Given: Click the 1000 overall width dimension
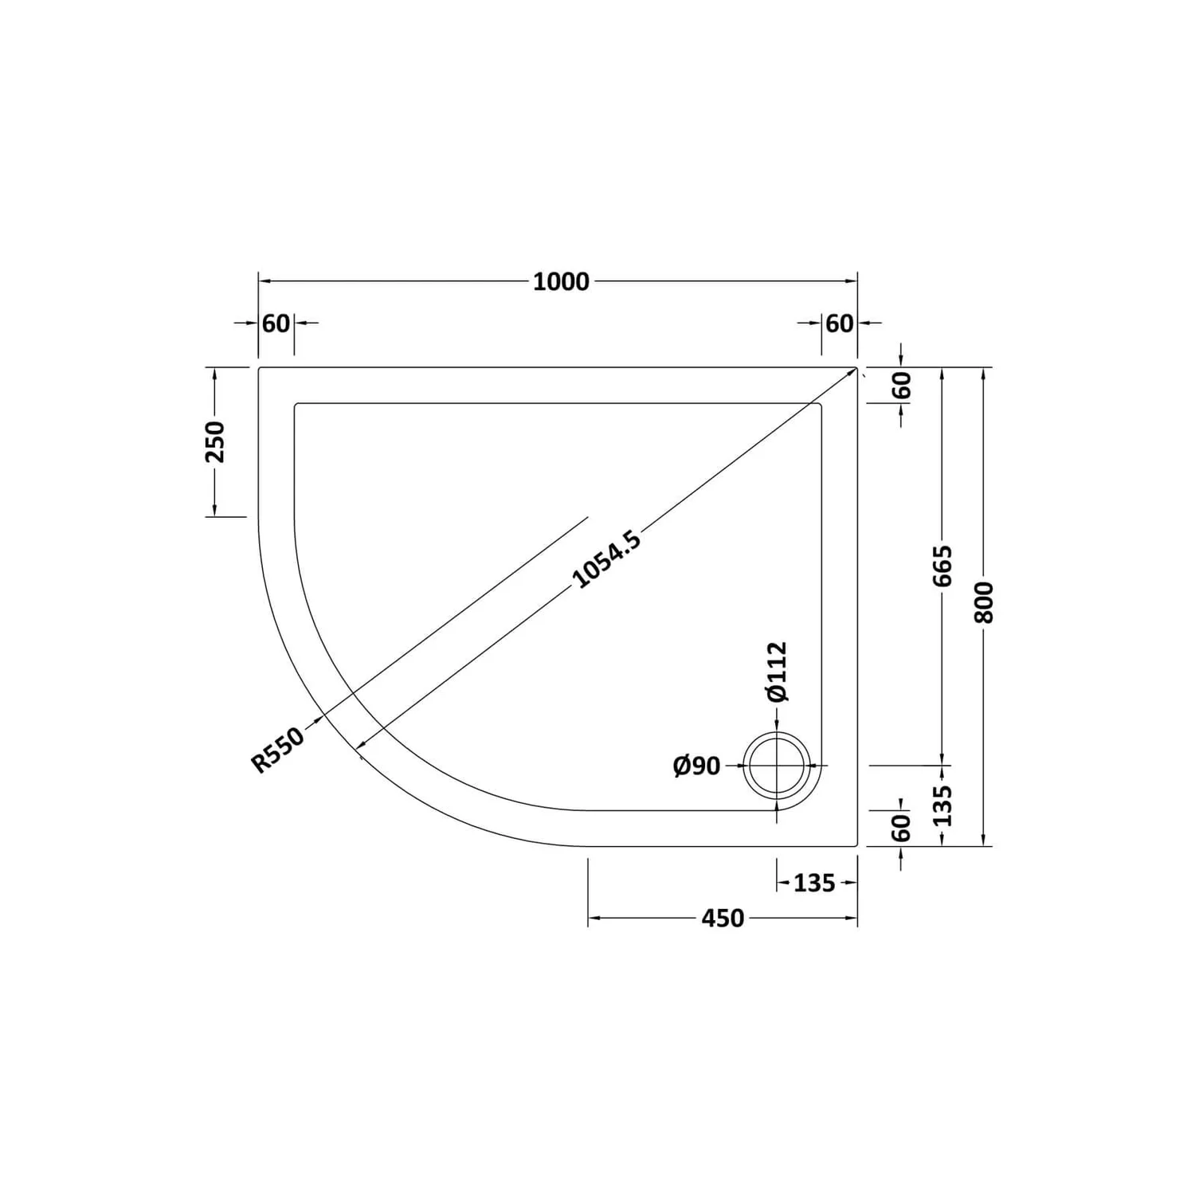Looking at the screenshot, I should [x=561, y=282].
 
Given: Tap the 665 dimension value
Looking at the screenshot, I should [x=942, y=566].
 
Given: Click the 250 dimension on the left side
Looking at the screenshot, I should [x=215, y=442].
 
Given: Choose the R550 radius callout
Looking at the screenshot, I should [x=278, y=750].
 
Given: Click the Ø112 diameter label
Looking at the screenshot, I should [x=777, y=671].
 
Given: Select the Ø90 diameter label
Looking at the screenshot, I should [x=696, y=766].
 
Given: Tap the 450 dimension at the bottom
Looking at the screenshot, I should [x=723, y=919].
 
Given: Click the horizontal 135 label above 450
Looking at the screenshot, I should [x=814, y=883].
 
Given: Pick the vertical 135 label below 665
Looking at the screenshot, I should [x=942, y=805].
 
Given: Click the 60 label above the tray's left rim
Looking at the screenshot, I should [x=276, y=323].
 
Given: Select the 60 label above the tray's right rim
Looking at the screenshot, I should [x=839, y=323].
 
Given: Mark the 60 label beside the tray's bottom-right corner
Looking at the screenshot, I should [x=901, y=828].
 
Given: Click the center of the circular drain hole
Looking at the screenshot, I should [x=778, y=766].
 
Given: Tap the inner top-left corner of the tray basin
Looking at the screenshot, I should [x=296, y=405].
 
